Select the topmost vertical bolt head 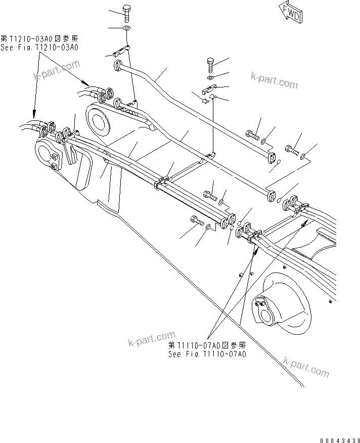126,11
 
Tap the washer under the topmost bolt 126,28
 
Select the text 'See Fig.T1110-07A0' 207,354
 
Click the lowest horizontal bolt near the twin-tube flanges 198,221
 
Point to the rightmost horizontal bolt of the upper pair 292,150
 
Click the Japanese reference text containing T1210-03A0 40,38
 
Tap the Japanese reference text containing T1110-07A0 207,345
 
